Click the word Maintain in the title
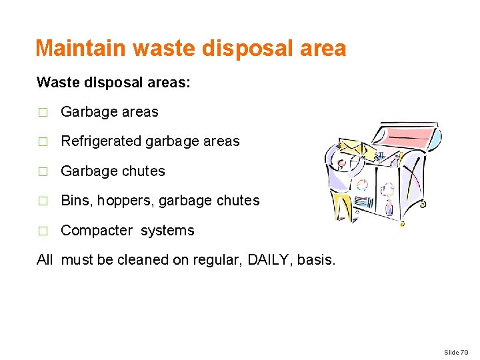[81, 48]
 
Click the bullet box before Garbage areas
[42, 113]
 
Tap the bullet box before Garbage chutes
[42, 172]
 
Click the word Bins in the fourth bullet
[73, 201]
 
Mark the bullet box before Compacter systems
[42, 231]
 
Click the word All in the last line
[45, 260]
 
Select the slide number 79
[464, 351]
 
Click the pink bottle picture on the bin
[389, 207]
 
